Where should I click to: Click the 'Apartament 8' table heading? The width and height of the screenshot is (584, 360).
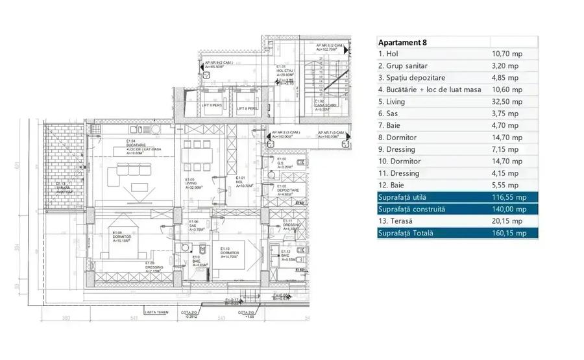(x=402, y=43)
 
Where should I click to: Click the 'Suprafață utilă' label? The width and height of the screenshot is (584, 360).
(x=410, y=197)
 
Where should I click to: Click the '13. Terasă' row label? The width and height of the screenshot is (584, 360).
(x=398, y=221)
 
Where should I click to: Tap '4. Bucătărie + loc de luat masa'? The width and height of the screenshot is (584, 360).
(x=430, y=90)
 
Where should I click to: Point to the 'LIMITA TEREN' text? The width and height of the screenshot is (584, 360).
(x=158, y=312)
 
